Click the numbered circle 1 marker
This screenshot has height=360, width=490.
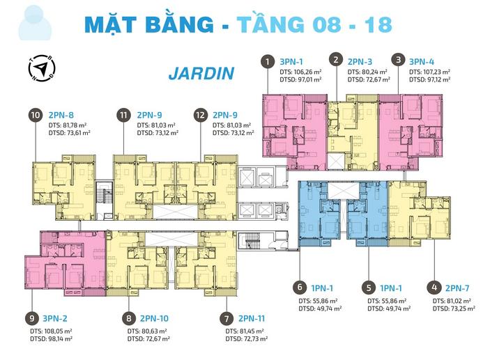pyautogui.click(x=268, y=61)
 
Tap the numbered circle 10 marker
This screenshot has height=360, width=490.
pyautogui.click(x=36, y=115)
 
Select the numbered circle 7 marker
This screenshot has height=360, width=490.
pyautogui.click(x=227, y=319)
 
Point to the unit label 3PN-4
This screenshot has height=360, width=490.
pyautogui.click(x=422, y=61)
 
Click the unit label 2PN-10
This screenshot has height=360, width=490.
pyautogui.click(x=154, y=318)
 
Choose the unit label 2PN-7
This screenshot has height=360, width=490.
pyautogui.click(x=457, y=288)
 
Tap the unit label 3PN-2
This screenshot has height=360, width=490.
pyautogui.click(x=55, y=318)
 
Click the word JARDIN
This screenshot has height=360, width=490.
pyautogui.click(x=201, y=74)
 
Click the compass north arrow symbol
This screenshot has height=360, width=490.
pyautogui.click(x=42, y=68)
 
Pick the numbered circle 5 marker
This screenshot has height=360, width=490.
pyautogui.click(x=369, y=288)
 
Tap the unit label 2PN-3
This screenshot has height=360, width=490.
pyautogui.click(x=360, y=61)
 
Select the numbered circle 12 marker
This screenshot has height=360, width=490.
pyautogui.click(x=200, y=115)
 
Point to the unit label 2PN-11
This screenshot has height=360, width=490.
pyautogui.click(x=252, y=318)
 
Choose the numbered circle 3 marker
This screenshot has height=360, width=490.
pyautogui.click(x=398, y=59)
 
